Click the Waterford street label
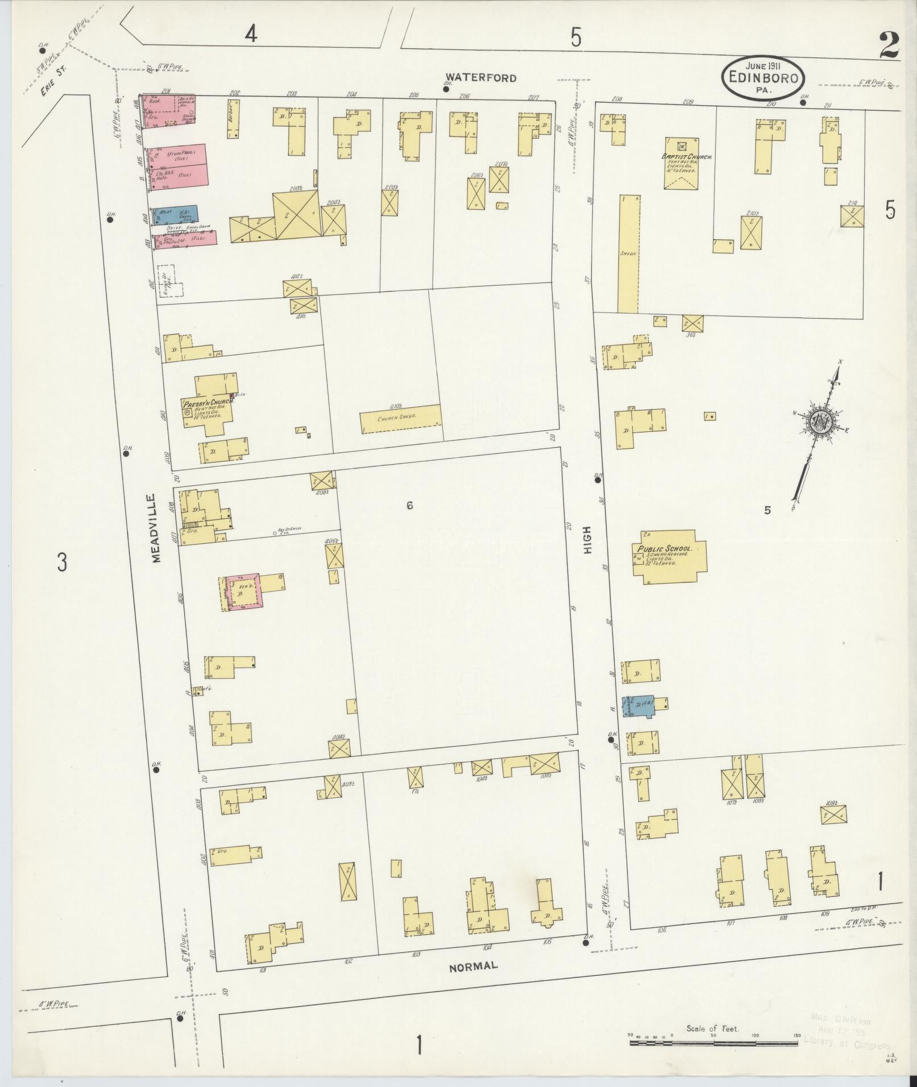pos(480,78)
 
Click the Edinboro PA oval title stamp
pos(764,78)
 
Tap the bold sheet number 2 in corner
pos(889,45)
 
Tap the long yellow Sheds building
pos(629,254)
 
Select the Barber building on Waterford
pos(233,119)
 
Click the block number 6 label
pos(409,505)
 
